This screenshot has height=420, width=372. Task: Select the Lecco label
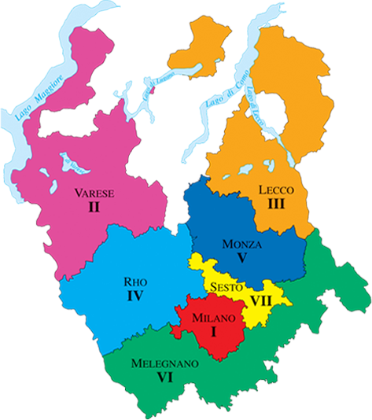point(276,190)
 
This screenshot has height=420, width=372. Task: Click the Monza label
point(241,244)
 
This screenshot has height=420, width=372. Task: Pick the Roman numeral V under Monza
point(241,259)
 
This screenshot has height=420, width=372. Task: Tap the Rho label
point(134,282)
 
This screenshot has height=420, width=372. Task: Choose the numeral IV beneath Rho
point(134,297)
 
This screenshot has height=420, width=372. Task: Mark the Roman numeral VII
point(261,300)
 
